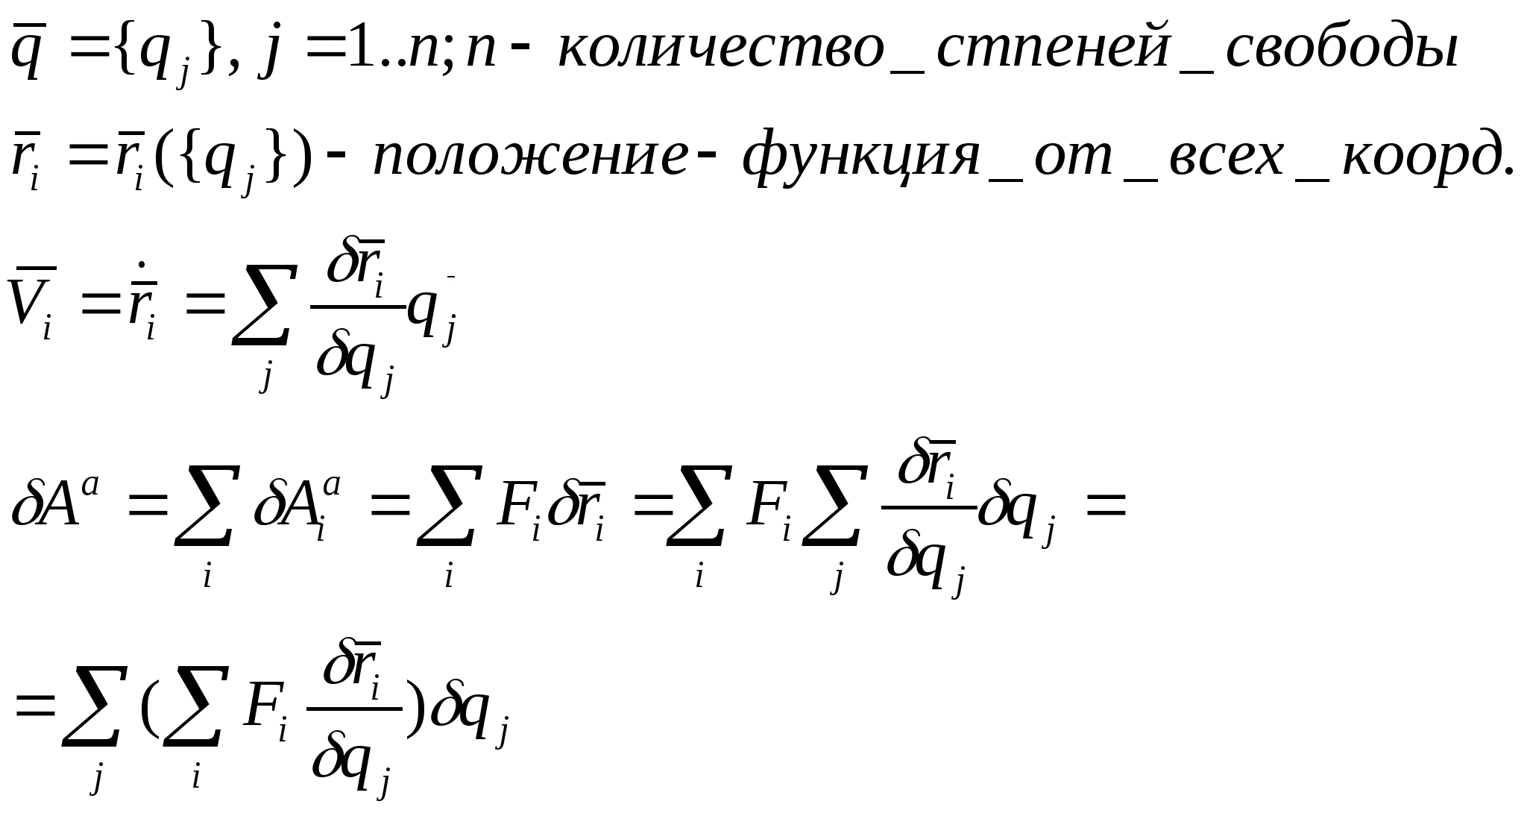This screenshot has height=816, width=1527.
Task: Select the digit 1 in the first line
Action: click(x=362, y=49)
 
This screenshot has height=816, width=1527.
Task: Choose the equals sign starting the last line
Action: click(x=36, y=705)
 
